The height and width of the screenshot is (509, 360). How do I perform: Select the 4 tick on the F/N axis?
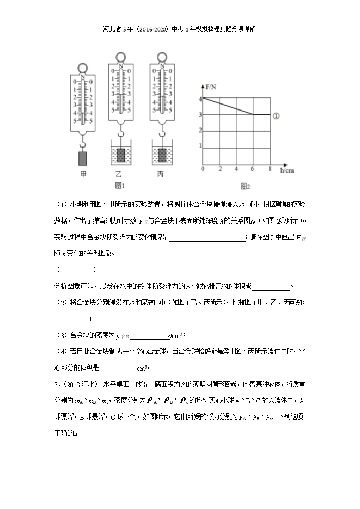tap(200, 99)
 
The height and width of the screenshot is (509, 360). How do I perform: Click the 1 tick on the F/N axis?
tap(200, 146)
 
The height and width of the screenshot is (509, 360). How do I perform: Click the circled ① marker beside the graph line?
tap(276, 115)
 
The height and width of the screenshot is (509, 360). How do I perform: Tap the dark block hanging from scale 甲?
tap(83, 158)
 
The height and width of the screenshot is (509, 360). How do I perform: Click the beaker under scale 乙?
tap(121, 155)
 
